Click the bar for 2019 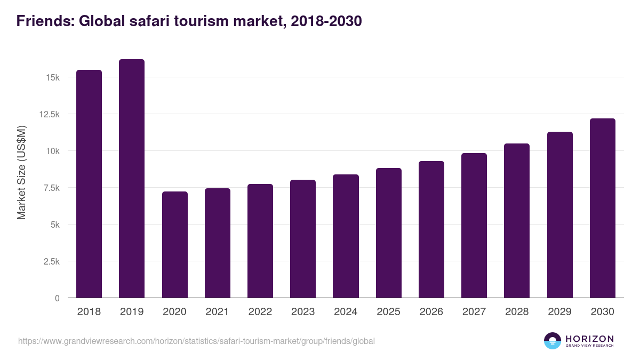132,179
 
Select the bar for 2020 175,245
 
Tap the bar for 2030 603,208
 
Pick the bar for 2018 89,184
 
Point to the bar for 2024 346,236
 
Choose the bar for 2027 474,226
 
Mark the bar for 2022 260,241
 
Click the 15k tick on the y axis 53,78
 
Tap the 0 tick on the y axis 57,299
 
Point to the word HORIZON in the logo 589,339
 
